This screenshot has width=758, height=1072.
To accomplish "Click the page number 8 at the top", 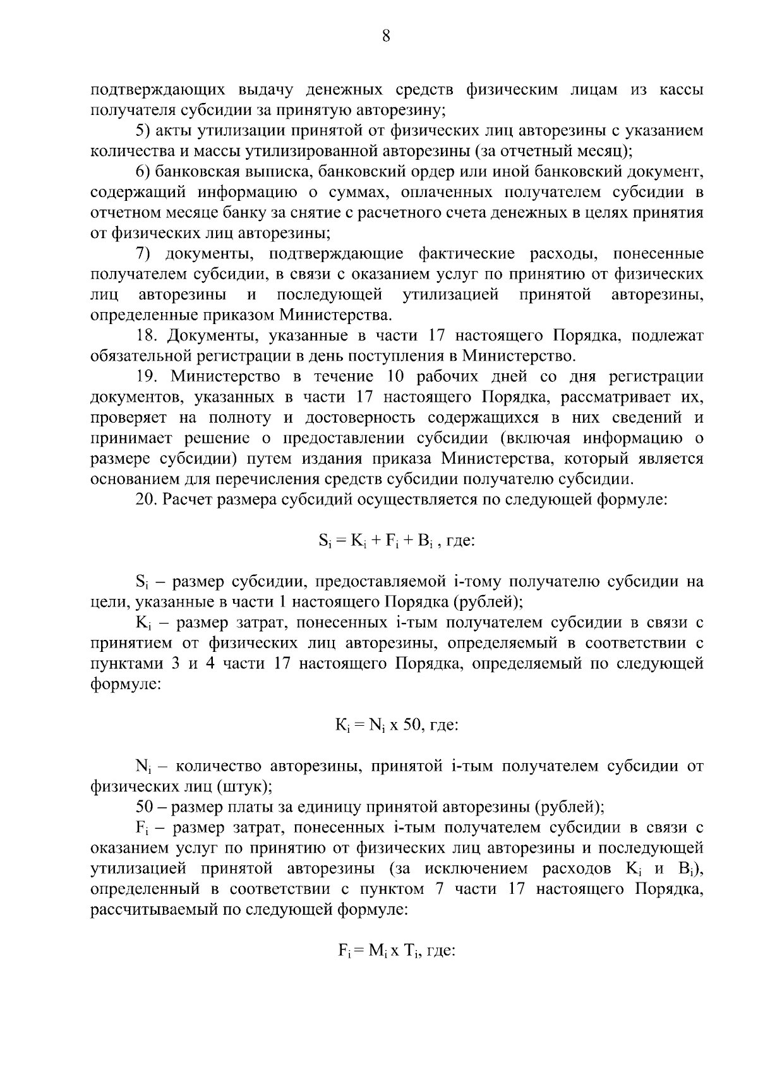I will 386,36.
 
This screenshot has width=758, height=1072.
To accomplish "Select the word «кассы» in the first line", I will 678,90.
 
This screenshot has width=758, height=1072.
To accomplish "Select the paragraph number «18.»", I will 147,336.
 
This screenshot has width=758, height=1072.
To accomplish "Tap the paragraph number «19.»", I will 147,377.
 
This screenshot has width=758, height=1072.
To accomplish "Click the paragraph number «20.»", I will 147,500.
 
